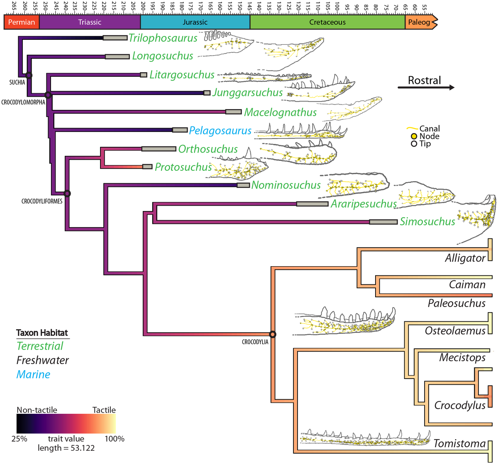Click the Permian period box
click(x=22, y=22)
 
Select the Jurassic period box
click(x=195, y=22)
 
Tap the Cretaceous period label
click(x=327, y=22)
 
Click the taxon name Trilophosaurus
click(x=163, y=38)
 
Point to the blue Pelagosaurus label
click(x=220, y=131)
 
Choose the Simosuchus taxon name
click(x=427, y=222)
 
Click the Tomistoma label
click(x=459, y=444)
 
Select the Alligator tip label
click(x=465, y=258)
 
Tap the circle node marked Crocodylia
click(x=272, y=334)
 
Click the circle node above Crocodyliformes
click(x=67, y=193)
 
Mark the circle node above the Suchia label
click(x=29, y=75)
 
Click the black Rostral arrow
click(x=426, y=87)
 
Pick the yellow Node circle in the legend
click(x=414, y=136)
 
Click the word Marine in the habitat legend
click(x=33, y=374)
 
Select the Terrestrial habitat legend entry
click(x=40, y=346)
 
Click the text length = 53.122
click(x=66, y=448)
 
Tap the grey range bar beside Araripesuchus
click(x=312, y=204)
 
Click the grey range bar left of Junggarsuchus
click(x=207, y=93)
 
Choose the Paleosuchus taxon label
click(x=456, y=303)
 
